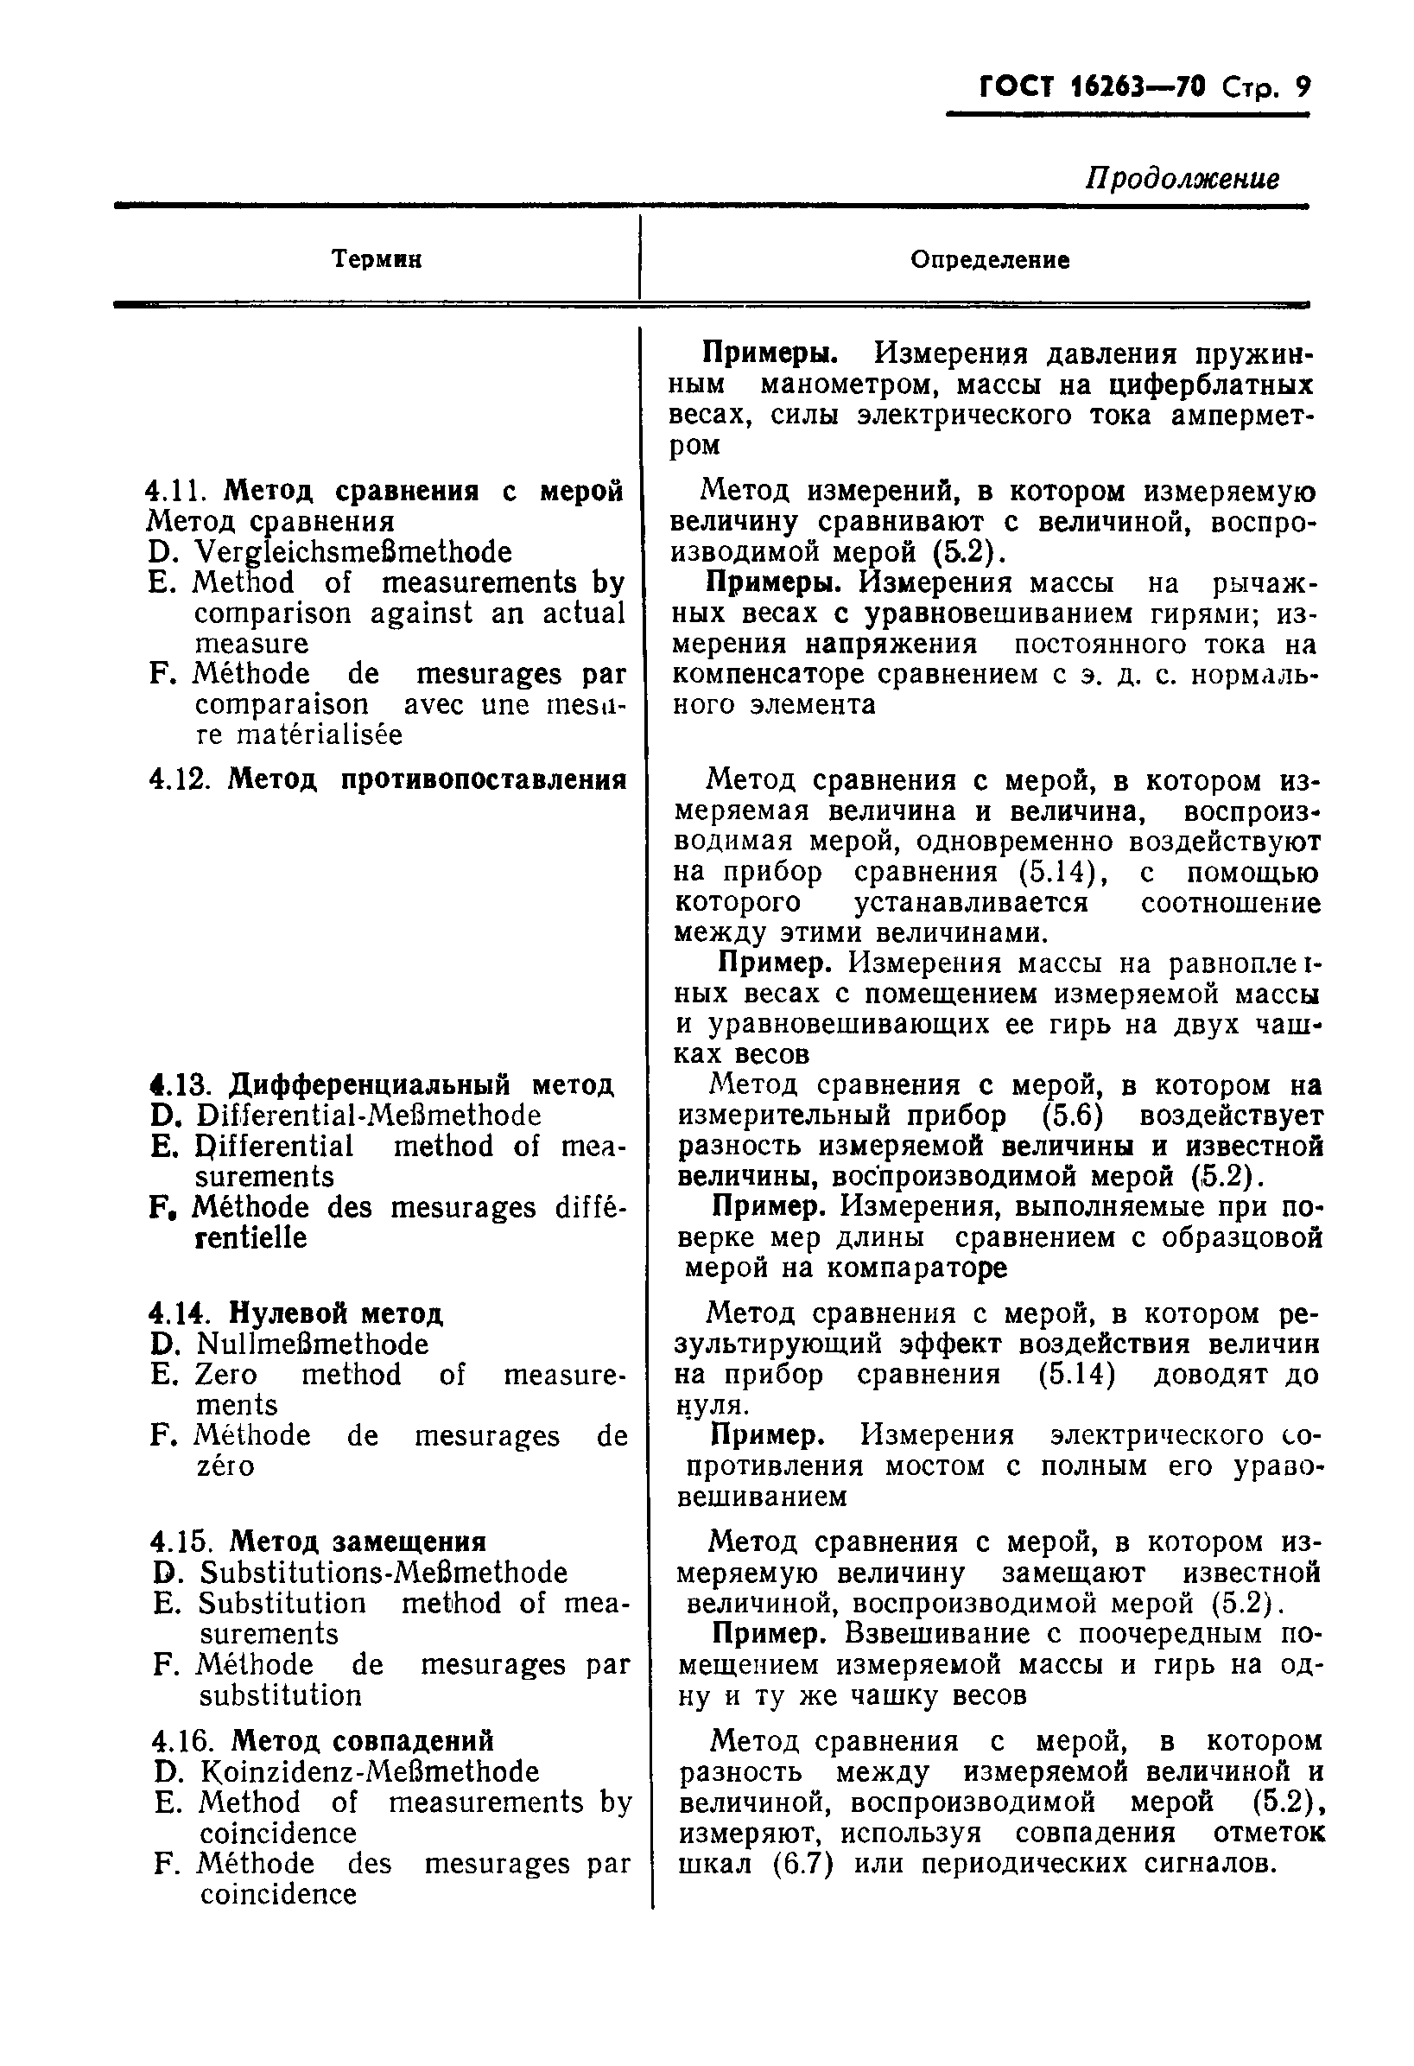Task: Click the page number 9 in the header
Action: tap(1301, 87)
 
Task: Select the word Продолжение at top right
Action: tap(1182, 179)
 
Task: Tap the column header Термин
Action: tap(376, 258)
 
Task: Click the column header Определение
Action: tap(989, 259)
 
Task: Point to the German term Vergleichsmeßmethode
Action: tap(352, 552)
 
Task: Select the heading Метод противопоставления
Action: tap(428, 779)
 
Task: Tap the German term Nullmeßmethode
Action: tap(312, 1344)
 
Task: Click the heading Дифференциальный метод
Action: tap(422, 1084)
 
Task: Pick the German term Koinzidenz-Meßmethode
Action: tap(369, 1771)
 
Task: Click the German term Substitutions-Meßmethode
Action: tap(382, 1572)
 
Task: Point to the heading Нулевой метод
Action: tap(336, 1313)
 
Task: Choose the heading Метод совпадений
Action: tap(362, 1740)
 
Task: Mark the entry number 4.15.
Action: tap(182, 1542)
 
